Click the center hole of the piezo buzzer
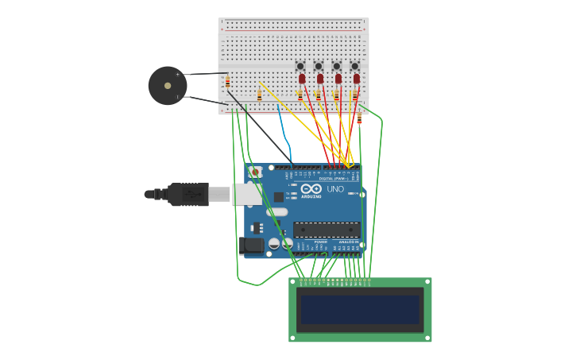[168, 85]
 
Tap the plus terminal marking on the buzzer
[178, 74]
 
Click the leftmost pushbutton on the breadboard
[300, 66]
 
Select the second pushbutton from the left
[319, 66]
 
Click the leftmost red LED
[302, 79]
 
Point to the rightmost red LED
[357, 79]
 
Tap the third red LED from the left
[338, 79]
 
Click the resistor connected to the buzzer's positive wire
[228, 82]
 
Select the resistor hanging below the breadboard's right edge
[359, 118]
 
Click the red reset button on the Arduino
[255, 172]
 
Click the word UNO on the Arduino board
[335, 189]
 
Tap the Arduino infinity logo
[311, 189]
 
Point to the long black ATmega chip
[326, 230]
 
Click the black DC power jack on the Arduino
[252, 246]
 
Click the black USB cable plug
[187, 194]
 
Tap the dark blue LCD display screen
[360, 310]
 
